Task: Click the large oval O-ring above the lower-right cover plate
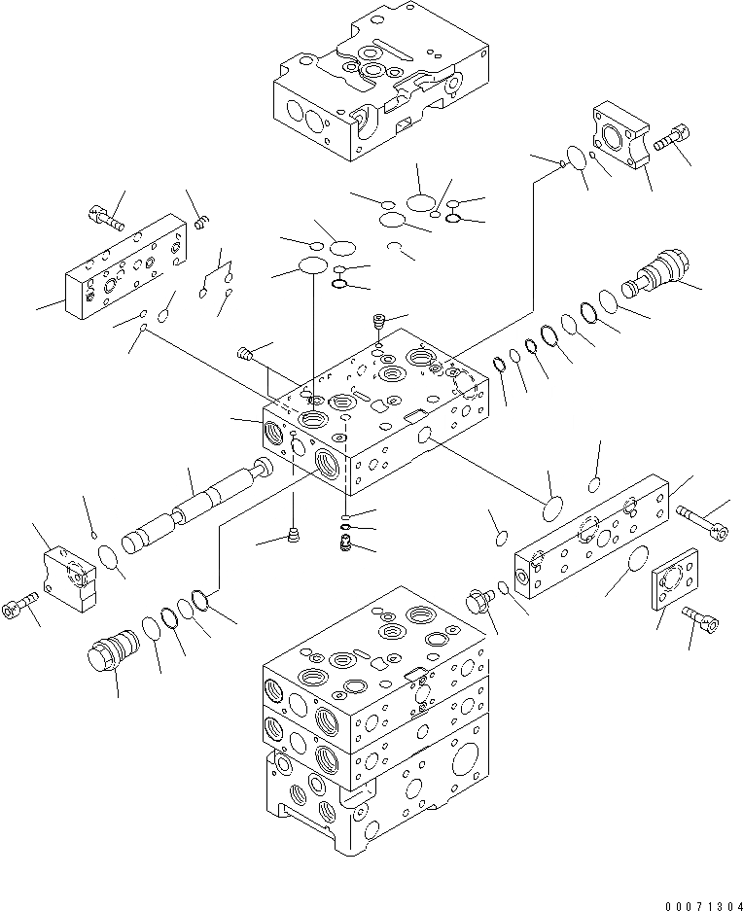click(552, 512)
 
